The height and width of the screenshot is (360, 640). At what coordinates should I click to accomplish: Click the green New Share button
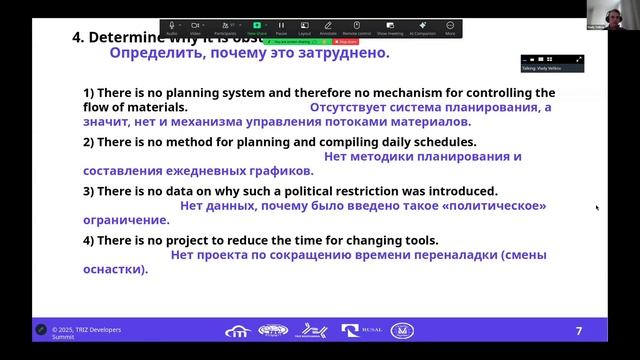(x=257, y=26)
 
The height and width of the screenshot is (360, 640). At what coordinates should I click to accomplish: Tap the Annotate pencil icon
(x=328, y=26)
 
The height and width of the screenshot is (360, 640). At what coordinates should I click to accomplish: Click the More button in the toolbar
(x=450, y=26)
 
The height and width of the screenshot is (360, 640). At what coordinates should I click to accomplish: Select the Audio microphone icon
(x=172, y=26)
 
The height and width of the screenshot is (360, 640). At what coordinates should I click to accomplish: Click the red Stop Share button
(x=347, y=41)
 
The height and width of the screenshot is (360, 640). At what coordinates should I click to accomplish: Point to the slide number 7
(x=578, y=330)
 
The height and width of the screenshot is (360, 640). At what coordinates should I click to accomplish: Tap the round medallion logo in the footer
(x=403, y=330)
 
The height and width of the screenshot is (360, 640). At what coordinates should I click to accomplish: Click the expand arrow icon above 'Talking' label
(x=579, y=58)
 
